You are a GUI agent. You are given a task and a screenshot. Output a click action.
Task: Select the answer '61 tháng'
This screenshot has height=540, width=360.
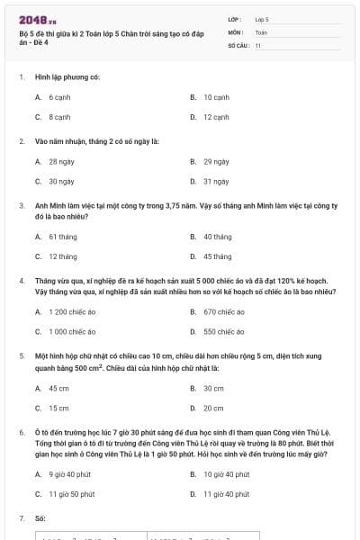point(62,237)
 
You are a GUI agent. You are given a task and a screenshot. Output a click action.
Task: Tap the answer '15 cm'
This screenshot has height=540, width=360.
point(58,408)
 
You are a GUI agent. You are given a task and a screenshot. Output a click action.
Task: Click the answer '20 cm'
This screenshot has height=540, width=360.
point(213,408)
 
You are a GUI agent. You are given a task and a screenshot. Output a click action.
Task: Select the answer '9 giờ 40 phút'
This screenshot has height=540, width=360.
point(67,473)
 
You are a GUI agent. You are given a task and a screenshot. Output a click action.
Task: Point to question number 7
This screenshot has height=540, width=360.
point(21,518)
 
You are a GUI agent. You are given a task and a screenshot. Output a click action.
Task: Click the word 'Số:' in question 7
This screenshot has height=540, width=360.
point(40,518)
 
